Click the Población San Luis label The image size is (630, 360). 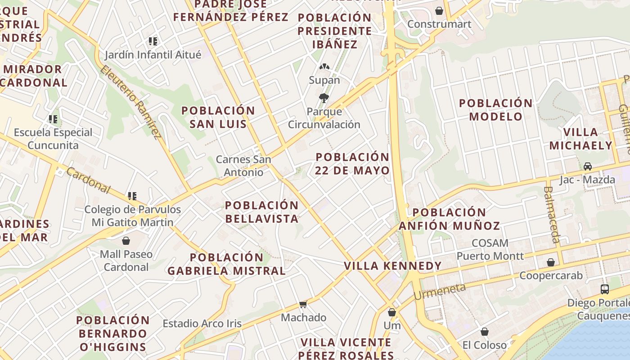point(218,117)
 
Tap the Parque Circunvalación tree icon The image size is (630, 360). point(324,98)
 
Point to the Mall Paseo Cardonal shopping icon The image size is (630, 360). point(126,241)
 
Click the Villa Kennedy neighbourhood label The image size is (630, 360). point(392,266)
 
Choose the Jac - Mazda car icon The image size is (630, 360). point(587,166)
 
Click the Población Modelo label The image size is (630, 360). point(495,110)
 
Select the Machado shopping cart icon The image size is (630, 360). point(303,305)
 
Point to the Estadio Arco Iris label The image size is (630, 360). point(202,324)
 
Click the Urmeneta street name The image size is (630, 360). point(439,292)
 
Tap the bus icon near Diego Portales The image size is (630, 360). point(605,289)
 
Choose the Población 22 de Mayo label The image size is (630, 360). point(352,164)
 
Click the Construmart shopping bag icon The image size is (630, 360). point(439,10)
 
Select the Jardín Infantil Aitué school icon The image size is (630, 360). point(153,41)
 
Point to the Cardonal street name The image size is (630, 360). point(88,180)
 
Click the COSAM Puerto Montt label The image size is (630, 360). point(490,249)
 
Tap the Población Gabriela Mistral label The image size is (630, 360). point(226,264)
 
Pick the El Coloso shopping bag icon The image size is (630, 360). point(485,332)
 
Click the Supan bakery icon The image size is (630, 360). point(324,67)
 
